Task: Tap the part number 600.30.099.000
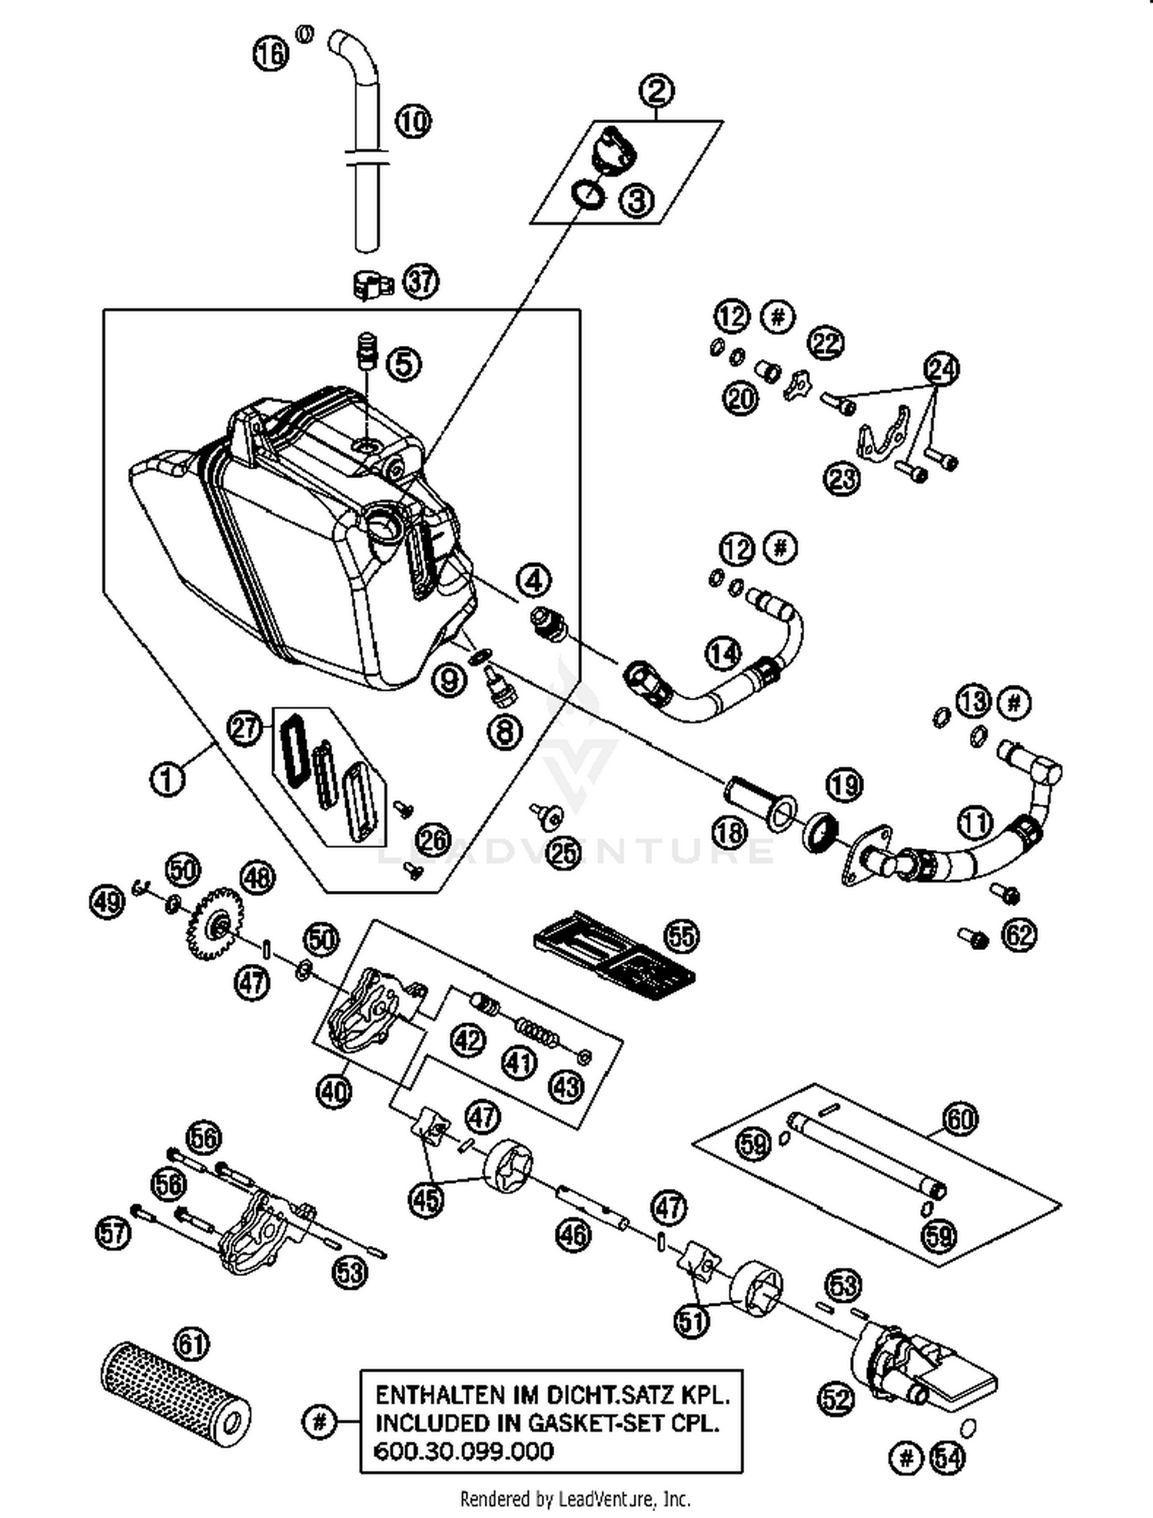coord(464,1451)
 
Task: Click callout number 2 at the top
coord(656,91)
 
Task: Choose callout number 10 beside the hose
coord(414,121)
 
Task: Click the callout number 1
coord(168,779)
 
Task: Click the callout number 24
coord(942,369)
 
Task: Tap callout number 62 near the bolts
coord(1019,935)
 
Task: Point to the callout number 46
coord(573,1235)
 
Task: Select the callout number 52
coord(836,1398)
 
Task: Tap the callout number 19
coord(844,785)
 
